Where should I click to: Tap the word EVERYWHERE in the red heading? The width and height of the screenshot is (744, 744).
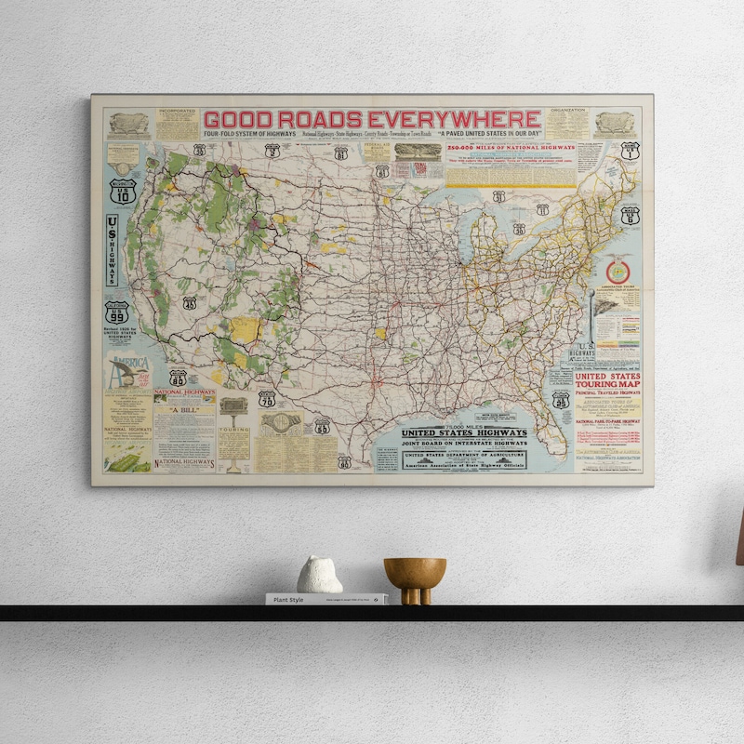click(454, 120)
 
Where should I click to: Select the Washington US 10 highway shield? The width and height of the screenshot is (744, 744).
click(122, 192)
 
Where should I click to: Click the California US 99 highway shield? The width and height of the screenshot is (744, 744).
click(116, 312)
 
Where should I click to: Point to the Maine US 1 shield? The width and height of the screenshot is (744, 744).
click(630, 151)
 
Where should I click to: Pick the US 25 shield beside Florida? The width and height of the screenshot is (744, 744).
click(561, 400)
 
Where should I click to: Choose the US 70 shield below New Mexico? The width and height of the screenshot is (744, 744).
click(267, 399)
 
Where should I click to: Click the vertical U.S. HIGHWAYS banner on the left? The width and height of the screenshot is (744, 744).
click(113, 249)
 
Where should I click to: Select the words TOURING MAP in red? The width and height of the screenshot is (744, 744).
click(606, 384)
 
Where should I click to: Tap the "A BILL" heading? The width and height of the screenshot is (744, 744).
click(183, 411)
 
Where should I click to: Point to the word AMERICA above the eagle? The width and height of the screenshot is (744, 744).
click(127, 362)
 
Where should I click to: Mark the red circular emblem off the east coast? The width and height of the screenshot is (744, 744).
click(618, 272)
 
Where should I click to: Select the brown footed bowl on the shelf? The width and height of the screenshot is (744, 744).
click(415, 578)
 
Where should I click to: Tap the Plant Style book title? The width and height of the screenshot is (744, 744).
click(289, 600)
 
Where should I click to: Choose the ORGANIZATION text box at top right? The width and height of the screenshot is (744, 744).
click(566, 123)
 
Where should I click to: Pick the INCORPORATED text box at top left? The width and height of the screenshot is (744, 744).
click(177, 125)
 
